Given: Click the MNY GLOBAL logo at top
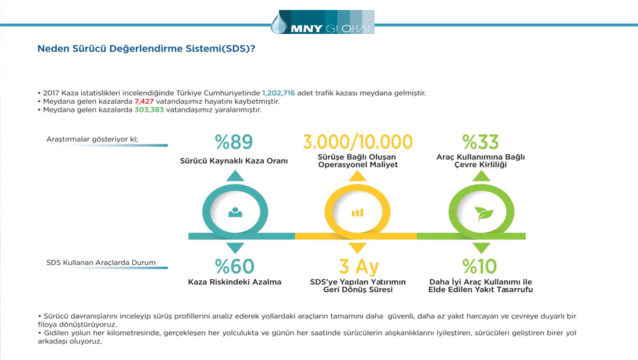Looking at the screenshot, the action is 322,22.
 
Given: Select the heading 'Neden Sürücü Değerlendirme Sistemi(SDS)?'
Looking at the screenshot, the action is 146,49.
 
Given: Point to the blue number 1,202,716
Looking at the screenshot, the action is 278,92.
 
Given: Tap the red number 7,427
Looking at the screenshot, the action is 144,101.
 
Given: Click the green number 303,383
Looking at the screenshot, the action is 149,110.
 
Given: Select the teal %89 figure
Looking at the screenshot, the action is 234,142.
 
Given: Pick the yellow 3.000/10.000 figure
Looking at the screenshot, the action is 358,142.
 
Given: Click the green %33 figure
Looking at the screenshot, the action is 480,142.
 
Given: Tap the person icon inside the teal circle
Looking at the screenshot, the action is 236,212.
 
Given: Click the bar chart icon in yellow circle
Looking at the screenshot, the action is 357,213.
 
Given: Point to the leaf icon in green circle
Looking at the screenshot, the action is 484,213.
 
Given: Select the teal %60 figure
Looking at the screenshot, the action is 235,266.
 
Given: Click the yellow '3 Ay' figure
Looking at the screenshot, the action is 359,267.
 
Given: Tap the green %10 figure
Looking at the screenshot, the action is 480,266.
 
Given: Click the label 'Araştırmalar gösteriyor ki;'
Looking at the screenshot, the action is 92,139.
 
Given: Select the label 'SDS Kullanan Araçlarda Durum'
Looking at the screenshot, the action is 101,263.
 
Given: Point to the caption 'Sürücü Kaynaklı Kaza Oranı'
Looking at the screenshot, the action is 234,161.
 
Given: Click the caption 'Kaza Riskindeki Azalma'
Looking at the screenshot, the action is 235,282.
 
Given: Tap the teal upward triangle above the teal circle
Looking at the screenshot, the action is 236,176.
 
